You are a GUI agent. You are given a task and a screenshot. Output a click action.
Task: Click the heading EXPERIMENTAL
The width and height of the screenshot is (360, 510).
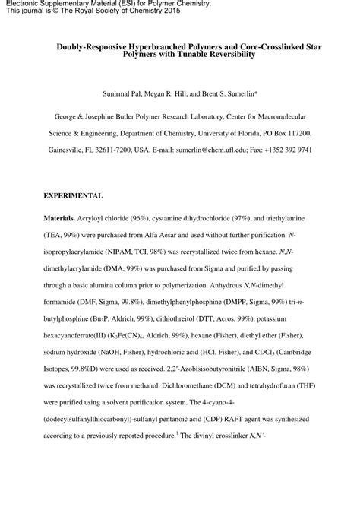[73, 196]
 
